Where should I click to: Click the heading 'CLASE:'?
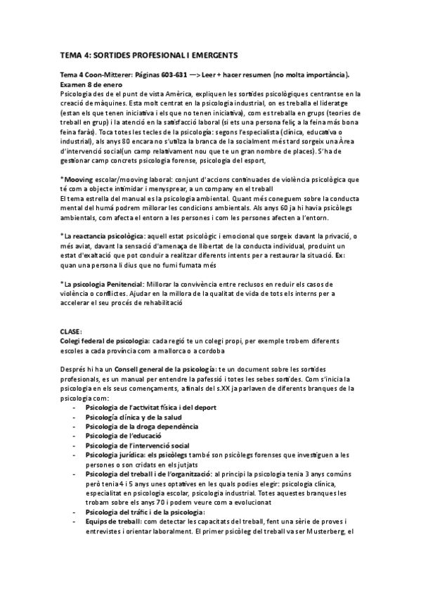pyautogui.click(x=71, y=330)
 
